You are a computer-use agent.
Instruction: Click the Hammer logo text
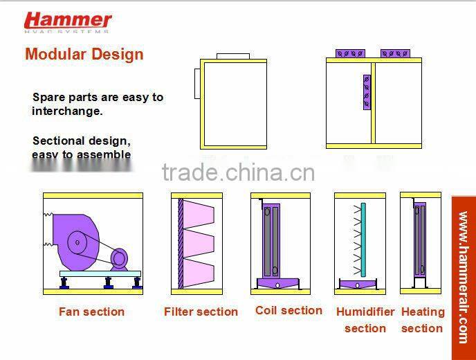pos(68,20)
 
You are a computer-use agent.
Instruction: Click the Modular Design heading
pos(84,54)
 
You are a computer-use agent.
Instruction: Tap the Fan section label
pos(91,312)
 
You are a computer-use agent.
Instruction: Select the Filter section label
pos(201,312)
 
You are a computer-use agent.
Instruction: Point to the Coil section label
pos(289,311)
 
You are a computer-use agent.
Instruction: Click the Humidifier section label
pos(365,320)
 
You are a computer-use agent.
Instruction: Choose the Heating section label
pos(422,320)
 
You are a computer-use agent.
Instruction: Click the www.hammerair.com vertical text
pos(463,277)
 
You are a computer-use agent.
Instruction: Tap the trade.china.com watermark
pos(238,172)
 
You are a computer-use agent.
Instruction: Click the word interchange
pos(67,111)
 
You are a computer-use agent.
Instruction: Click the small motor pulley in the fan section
pos(119,258)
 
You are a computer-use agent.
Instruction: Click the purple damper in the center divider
pos(367,91)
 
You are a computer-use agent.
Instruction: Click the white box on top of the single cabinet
pos(233,56)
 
